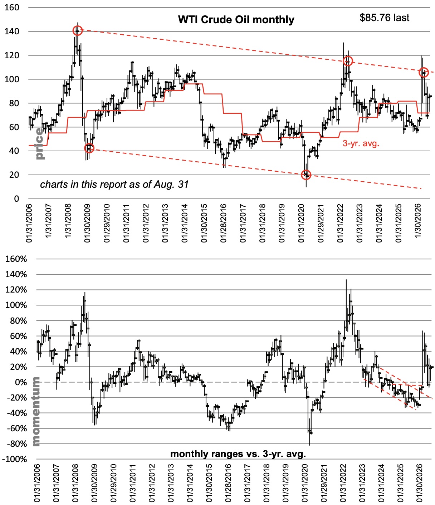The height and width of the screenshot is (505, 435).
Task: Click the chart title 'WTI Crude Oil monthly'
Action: tap(236, 20)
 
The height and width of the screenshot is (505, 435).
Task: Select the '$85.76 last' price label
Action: tap(384, 18)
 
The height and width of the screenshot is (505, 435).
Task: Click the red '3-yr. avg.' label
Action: tap(361, 143)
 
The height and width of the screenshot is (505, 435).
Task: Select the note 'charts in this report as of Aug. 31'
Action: tap(114, 185)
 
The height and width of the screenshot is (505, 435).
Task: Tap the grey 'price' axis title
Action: tap(40, 143)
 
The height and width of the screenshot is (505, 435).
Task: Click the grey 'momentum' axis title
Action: tap(36, 411)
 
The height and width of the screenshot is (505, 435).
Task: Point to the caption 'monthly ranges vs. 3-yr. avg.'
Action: tap(238, 454)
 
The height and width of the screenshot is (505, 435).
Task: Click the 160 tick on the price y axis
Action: tap(12, 7)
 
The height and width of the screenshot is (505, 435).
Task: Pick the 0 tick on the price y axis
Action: tap(16, 198)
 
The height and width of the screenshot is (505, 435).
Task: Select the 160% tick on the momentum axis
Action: tap(16, 259)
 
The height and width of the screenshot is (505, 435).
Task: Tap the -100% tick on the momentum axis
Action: tap(14, 459)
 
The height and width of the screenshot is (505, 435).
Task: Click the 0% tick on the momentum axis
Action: tap(21, 382)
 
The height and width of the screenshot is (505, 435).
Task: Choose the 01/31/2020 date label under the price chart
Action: tap(301, 223)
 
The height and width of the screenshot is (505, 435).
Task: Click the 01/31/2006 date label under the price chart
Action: tap(29, 223)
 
